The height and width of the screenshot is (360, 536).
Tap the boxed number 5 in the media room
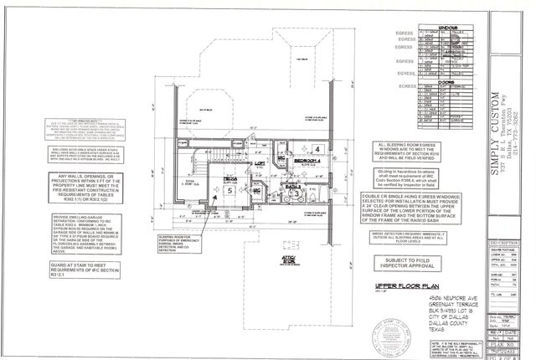point(230,190)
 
